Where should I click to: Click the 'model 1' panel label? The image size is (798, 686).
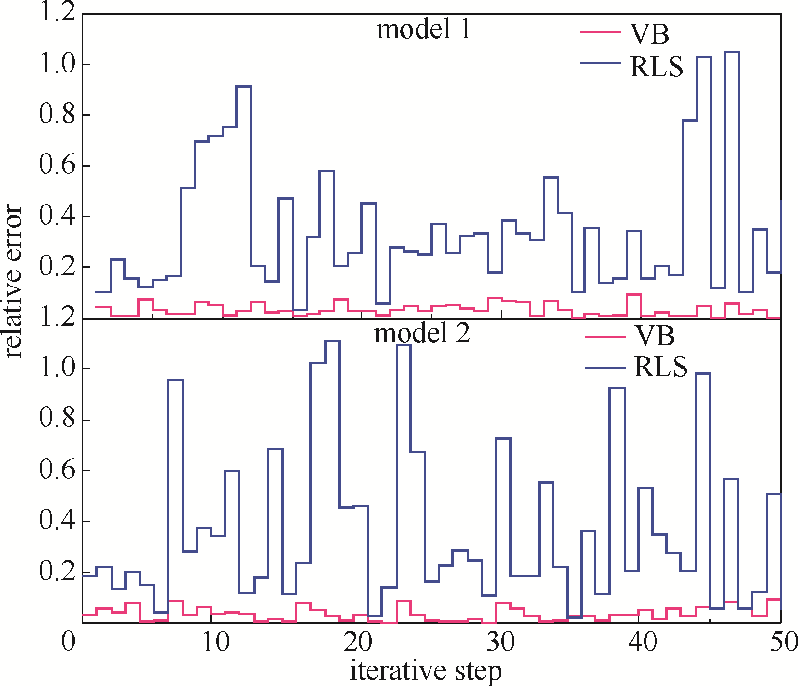tap(423, 30)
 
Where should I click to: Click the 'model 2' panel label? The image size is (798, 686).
tap(422, 333)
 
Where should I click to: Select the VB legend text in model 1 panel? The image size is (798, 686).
tap(650, 34)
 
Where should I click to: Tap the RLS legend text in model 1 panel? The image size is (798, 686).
tap(656, 67)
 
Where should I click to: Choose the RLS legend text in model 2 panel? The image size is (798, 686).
tap(661, 367)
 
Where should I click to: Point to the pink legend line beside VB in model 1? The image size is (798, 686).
tap(601, 32)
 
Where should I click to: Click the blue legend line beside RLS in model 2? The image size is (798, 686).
tap(605, 368)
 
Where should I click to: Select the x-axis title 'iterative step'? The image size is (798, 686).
tap(426, 671)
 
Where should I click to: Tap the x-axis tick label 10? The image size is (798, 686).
tap(216, 642)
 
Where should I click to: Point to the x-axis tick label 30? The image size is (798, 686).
tap(501, 642)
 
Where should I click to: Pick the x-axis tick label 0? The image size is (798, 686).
tap(69, 642)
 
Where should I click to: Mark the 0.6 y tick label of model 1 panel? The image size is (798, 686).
tap(57, 166)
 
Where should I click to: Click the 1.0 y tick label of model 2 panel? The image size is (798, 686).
tap(57, 369)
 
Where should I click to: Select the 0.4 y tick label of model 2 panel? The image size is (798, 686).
tap(57, 521)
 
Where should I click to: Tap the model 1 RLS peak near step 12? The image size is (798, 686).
tap(244, 87)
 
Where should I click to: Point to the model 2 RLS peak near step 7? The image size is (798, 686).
tap(175, 380)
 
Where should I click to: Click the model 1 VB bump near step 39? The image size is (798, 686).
tap(634, 295)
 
